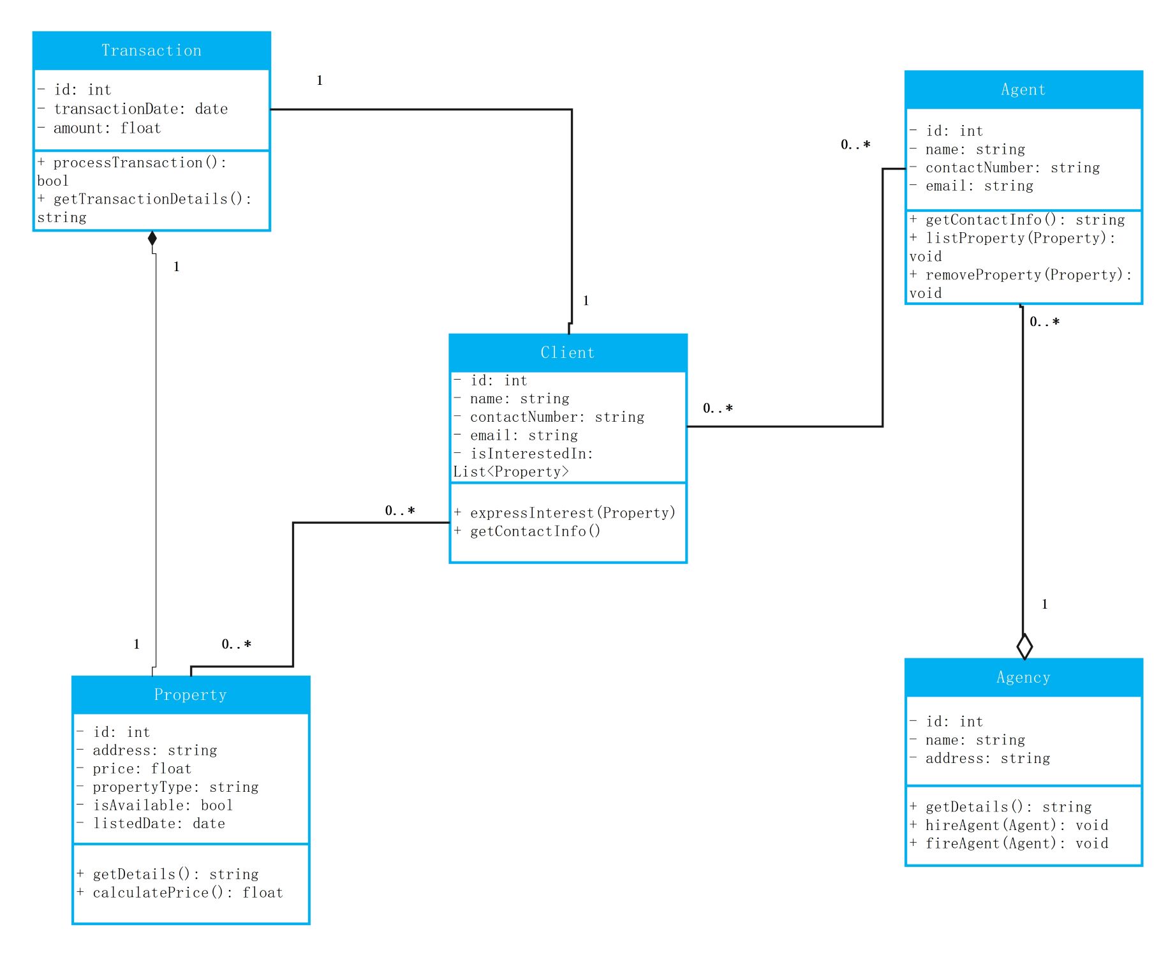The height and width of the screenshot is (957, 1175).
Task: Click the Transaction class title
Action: coord(152,50)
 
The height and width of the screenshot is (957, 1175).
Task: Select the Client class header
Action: coord(568,353)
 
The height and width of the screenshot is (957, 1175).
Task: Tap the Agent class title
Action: coord(1023,90)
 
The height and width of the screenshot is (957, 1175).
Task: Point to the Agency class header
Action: coord(1023,678)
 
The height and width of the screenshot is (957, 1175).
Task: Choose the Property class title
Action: coord(190,695)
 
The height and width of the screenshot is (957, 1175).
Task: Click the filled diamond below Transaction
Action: coord(152,239)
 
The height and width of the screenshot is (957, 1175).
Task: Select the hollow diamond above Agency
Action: coord(1024,646)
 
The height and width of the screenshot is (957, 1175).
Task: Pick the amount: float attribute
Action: coord(99,128)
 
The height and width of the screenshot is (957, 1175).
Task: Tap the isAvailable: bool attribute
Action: coord(155,805)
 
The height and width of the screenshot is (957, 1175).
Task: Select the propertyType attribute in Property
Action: coord(168,787)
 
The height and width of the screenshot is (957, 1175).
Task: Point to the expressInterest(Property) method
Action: coord(565,513)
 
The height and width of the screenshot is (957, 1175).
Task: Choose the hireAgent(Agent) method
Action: coord(1009,825)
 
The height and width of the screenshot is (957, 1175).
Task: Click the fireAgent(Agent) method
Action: coord(1009,843)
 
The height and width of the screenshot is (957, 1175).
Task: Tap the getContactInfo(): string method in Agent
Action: coord(1017,220)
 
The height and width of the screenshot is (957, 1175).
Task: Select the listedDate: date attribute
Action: coord(151,824)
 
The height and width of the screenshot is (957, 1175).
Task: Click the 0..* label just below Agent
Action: coord(1044,322)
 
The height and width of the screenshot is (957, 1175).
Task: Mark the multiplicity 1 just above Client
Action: coord(586,300)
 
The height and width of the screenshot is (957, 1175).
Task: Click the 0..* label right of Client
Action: coord(718,408)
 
